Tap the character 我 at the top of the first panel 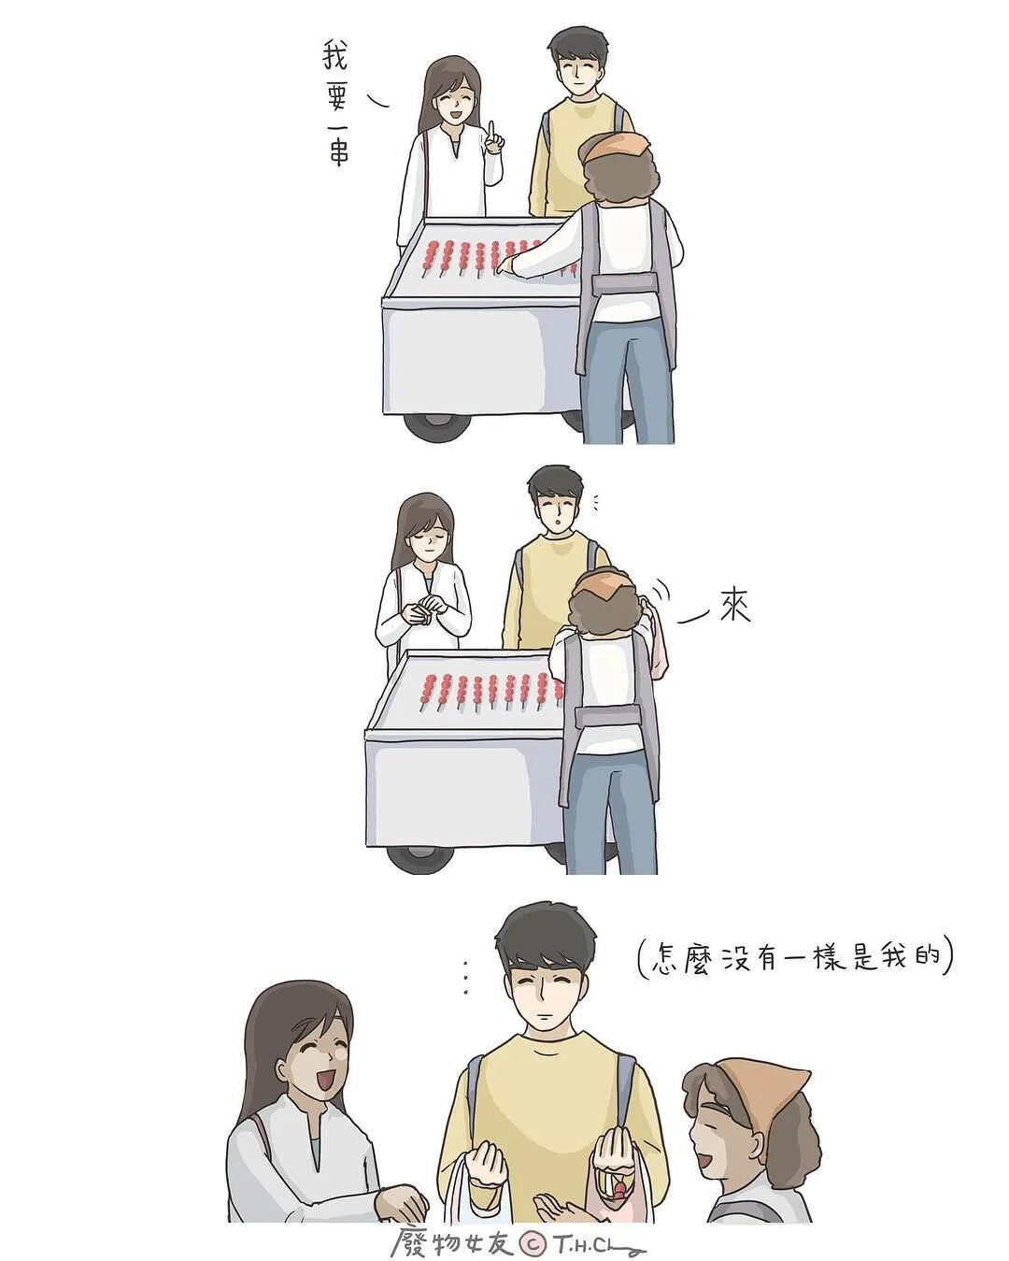pyautogui.click(x=335, y=57)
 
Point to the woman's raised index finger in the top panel pyautogui.click(x=492, y=132)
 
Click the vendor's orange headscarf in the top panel pyautogui.click(x=613, y=147)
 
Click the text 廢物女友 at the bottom pyautogui.click(x=453, y=1239)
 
